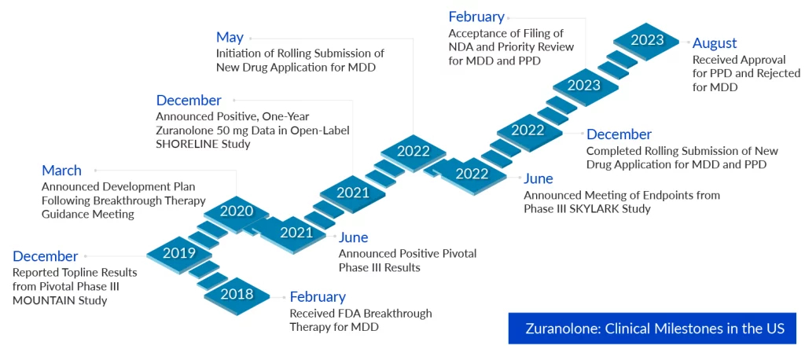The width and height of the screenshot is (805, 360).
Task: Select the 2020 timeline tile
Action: coord(237,211)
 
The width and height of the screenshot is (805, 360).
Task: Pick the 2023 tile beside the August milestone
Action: coord(647,40)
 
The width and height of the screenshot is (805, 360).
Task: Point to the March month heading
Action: coord(61,171)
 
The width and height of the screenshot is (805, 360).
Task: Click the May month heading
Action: coord(230,38)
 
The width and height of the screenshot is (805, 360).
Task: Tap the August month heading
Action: coord(715,43)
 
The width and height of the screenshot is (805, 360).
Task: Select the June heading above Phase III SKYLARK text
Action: coord(539,178)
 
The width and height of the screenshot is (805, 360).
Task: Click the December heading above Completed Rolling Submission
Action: coord(619,134)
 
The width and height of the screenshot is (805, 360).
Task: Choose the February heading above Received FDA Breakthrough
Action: coord(318,297)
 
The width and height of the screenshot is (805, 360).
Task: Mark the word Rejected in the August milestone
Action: coord(777,73)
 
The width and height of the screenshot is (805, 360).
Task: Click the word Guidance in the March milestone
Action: coord(64,214)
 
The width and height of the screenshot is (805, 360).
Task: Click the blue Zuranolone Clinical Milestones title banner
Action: coord(652,328)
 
